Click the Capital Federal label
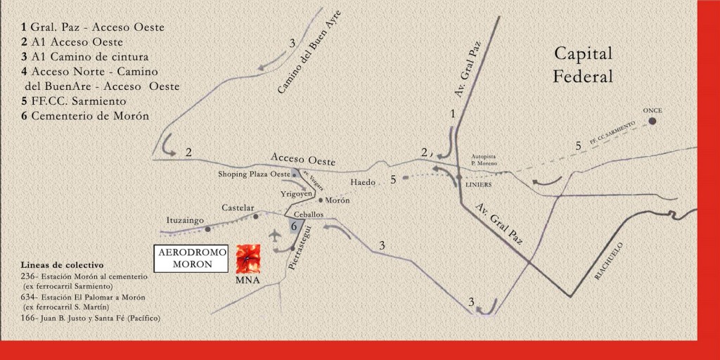pyautogui.click(x=583, y=65)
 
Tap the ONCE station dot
pyautogui.click(x=652, y=121)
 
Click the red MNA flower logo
pyautogui.click(x=247, y=259)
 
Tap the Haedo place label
pyautogui.click(x=364, y=183)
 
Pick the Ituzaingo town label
pyautogui.click(x=185, y=220)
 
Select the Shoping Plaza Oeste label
pyautogui.click(x=254, y=174)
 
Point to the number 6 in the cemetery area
pyautogui.click(x=295, y=226)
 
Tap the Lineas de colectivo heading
pyautogui.click(x=62, y=265)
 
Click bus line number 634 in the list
pyautogui.click(x=28, y=297)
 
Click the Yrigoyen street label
pyautogui.click(x=297, y=193)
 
